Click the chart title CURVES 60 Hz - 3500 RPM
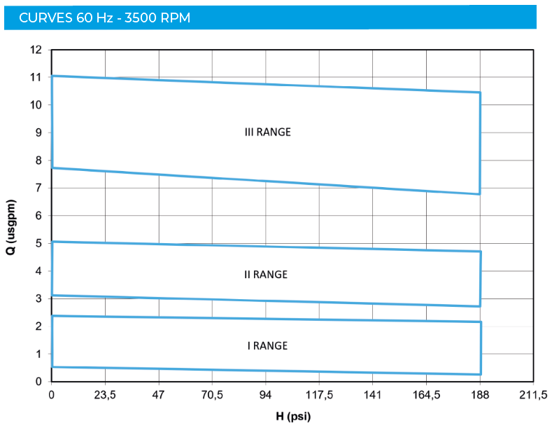(104, 18)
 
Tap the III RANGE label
(267, 132)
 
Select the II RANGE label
(266, 275)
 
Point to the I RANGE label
(267, 346)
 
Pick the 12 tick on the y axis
(36, 50)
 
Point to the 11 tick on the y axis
(36, 78)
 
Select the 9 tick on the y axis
(39, 132)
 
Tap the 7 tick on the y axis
(39, 188)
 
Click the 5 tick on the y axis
(39, 243)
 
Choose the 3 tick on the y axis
(39, 298)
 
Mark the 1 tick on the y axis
(39, 354)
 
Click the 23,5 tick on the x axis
(105, 396)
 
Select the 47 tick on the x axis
(159, 396)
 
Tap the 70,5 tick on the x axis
(212, 396)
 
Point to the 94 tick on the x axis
(266, 396)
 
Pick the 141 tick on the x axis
(373, 396)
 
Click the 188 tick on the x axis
(480, 396)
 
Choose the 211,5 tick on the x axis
(533, 396)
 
